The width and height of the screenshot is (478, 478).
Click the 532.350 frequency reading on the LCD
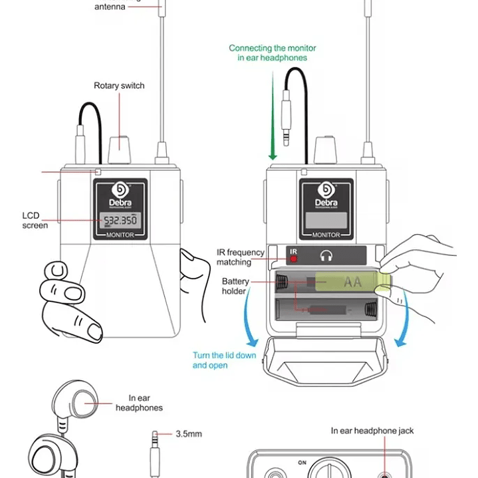[x=118, y=220]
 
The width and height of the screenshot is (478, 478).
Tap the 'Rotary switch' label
[x=119, y=86]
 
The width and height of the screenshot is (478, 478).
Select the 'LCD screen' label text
[x=35, y=221]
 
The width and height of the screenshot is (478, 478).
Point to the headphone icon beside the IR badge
[x=326, y=255]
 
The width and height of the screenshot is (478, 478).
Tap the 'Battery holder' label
[x=235, y=286]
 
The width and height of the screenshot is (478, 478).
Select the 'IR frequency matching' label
[x=240, y=257]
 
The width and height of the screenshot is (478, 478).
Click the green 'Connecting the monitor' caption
[x=273, y=53]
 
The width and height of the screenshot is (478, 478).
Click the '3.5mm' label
[x=189, y=434]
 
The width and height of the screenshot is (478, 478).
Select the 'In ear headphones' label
[x=139, y=403]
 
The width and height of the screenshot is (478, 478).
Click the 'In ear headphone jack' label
[x=372, y=431]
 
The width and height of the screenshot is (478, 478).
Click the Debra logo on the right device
[x=326, y=194]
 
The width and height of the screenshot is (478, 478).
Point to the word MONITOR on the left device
[x=120, y=235]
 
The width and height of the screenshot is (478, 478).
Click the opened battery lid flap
[x=325, y=362]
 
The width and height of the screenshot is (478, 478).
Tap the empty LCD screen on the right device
[x=326, y=220]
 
